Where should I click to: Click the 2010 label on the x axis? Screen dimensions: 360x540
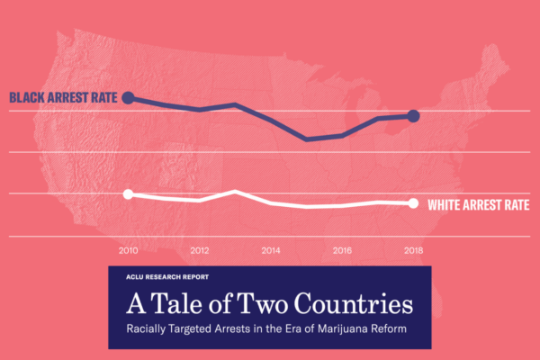(128, 249)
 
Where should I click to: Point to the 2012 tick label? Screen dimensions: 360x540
(200, 249)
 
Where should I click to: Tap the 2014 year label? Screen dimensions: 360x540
(270, 249)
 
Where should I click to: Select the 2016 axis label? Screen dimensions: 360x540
(341, 249)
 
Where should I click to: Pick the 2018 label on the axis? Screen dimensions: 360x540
(412, 249)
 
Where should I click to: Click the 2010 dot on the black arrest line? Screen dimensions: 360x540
(128, 97)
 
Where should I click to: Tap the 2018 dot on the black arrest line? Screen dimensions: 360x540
(413, 115)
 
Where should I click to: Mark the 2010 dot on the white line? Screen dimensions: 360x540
(128, 194)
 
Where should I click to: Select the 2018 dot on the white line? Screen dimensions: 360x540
(413, 202)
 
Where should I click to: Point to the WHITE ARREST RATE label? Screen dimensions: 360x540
(477, 204)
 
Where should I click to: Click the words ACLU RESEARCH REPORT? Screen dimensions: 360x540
(167, 278)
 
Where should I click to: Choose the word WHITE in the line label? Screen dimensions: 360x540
(446, 204)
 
